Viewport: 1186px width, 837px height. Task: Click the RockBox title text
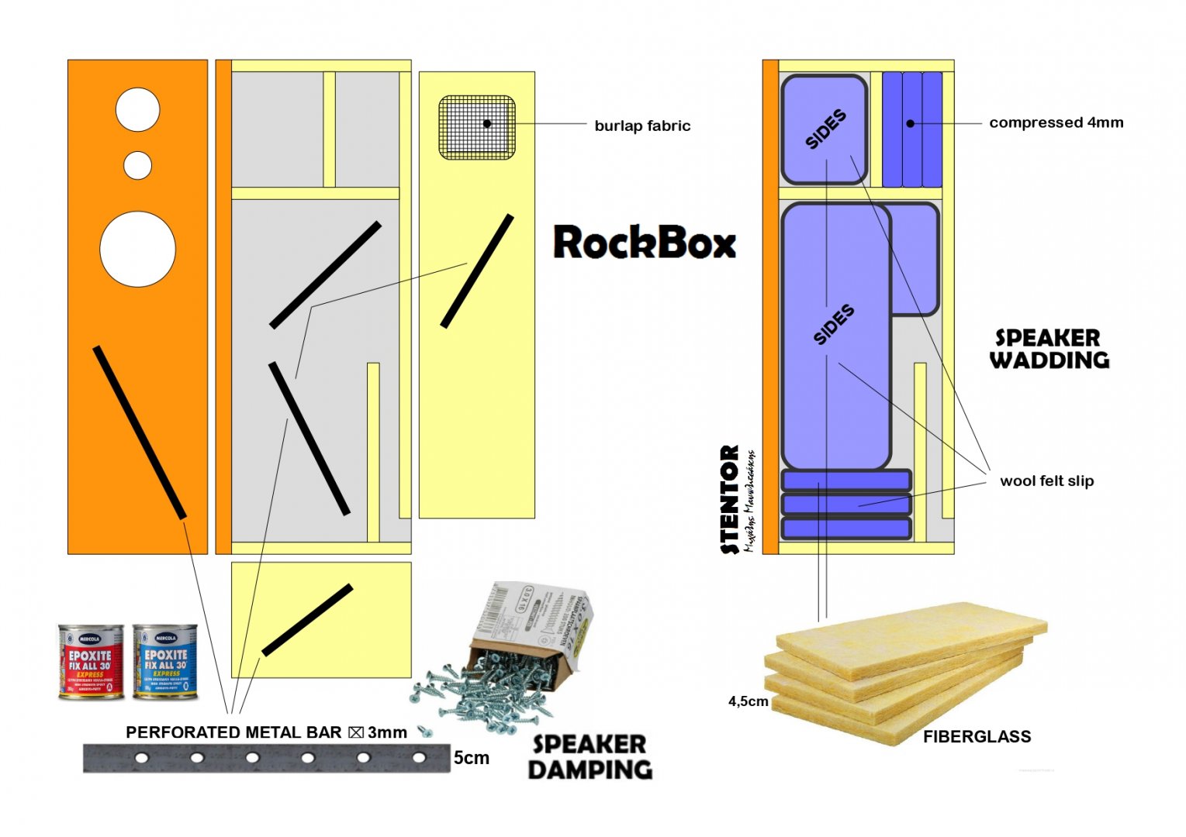tap(644, 242)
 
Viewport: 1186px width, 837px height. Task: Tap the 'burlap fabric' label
tap(642, 126)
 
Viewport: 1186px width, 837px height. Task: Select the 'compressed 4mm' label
tap(1056, 122)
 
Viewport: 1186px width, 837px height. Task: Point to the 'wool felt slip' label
tap(1046, 480)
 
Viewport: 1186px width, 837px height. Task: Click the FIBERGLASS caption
tap(977, 736)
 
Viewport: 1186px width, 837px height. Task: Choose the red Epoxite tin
tap(91, 662)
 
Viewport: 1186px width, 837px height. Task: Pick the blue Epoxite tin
tap(164, 662)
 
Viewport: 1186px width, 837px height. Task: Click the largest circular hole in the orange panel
tap(137, 249)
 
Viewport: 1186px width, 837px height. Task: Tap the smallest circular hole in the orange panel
tap(138, 165)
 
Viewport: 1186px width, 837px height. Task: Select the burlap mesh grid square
tap(477, 128)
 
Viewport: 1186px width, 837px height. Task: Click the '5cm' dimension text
tap(472, 757)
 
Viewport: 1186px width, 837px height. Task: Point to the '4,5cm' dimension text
tap(748, 701)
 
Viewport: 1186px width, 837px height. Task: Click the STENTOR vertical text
tap(729, 500)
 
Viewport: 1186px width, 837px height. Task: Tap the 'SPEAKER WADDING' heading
tap(1049, 349)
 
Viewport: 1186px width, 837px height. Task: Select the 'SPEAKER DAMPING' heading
tap(590, 756)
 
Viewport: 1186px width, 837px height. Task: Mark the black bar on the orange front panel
tap(140, 432)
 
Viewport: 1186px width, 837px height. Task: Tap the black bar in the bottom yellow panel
tap(307, 620)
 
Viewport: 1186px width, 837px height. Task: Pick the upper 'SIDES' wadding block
tap(824, 129)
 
